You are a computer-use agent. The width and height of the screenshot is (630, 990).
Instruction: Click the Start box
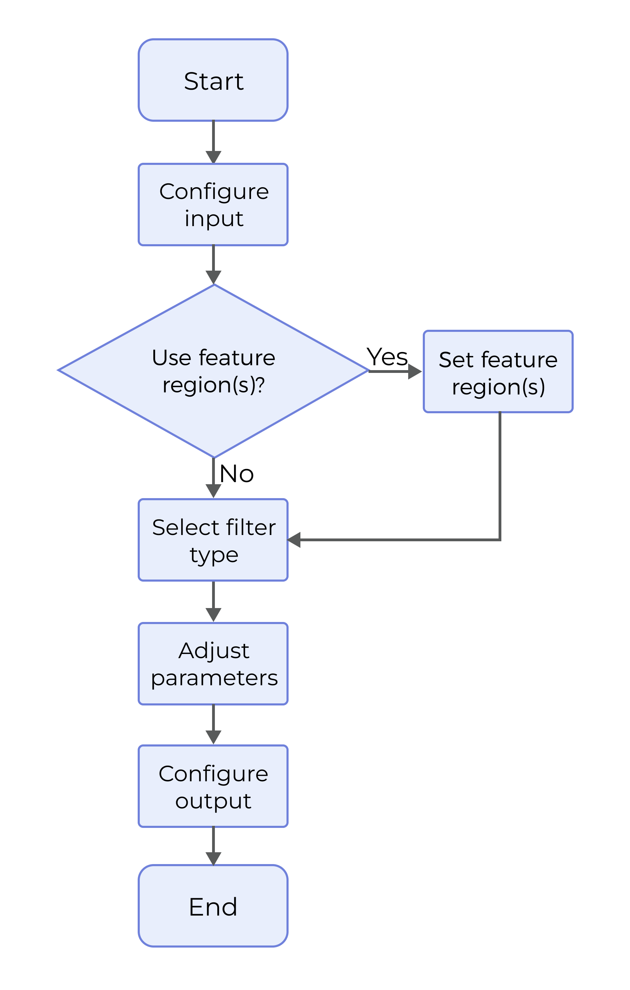pyautogui.click(x=213, y=80)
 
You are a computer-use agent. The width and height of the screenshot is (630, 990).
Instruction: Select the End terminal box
pyautogui.click(x=213, y=906)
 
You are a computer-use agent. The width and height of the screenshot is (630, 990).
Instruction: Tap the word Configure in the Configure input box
pyautogui.click(x=214, y=192)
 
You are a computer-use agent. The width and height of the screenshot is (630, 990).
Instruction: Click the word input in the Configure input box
pyautogui.click(x=214, y=218)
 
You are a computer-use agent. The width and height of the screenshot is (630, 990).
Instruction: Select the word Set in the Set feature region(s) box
pyautogui.click(x=456, y=360)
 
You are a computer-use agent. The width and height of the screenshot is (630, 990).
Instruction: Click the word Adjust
pyautogui.click(x=214, y=651)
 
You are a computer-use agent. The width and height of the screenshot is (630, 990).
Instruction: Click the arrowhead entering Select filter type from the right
pyautogui.click(x=294, y=540)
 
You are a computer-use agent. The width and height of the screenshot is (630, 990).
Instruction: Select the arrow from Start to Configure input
pyautogui.click(x=213, y=142)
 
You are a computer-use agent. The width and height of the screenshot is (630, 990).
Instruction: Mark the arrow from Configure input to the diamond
pyautogui.click(x=213, y=264)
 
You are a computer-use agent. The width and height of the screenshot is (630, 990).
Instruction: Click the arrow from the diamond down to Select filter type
pyautogui.click(x=213, y=477)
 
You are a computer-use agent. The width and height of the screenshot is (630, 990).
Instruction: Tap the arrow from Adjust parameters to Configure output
pyautogui.click(x=213, y=724)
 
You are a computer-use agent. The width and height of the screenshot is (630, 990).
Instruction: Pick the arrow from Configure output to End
pyautogui.click(x=213, y=846)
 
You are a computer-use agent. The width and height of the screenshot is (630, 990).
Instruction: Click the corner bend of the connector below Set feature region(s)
pyautogui.click(x=500, y=540)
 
